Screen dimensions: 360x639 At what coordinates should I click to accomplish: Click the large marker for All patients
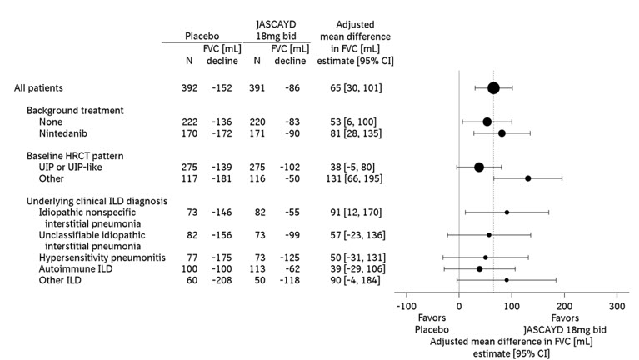point(493,88)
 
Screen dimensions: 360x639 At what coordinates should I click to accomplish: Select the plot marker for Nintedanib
point(502,132)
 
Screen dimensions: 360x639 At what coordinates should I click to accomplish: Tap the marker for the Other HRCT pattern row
point(527,177)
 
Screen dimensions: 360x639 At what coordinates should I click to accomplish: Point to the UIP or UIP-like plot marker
point(479,167)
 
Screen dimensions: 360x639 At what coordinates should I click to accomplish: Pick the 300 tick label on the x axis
point(617,307)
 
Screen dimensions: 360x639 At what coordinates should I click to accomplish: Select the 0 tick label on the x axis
point(459,307)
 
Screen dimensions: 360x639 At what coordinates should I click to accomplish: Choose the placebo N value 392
point(191,87)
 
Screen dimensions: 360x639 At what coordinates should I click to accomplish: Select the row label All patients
point(40,87)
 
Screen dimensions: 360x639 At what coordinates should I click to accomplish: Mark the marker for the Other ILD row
point(507,280)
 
